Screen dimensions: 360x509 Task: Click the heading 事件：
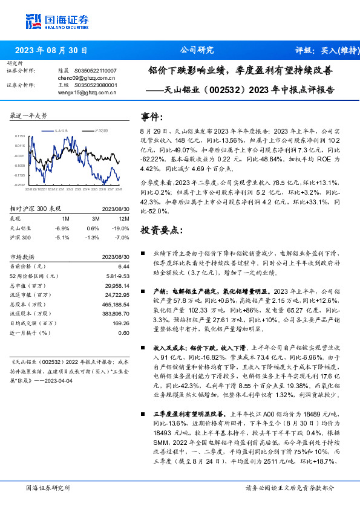[152, 117]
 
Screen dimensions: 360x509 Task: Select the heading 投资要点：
[160, 230]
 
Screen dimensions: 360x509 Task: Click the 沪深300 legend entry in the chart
[101, 130]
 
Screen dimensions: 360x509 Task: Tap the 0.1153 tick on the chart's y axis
[21, 137]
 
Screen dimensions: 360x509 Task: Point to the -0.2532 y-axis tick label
[20, 185]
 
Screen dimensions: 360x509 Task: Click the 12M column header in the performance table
[124, 219]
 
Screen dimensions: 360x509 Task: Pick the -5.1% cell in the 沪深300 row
[62, 238]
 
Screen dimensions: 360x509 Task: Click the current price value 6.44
[123, 267]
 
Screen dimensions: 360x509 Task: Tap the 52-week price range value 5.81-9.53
[119, 276]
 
